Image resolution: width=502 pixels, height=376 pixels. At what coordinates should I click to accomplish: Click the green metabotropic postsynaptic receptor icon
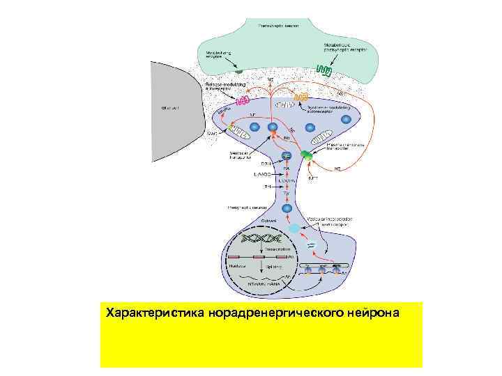pos(323,70)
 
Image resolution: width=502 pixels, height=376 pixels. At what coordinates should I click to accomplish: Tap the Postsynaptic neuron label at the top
pos(278,25)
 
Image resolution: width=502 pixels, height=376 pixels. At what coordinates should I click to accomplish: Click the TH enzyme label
pos(268,187)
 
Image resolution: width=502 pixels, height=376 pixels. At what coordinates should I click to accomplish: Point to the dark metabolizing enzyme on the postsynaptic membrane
pos(238,70)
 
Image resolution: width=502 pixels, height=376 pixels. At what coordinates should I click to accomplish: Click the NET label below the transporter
pos(314,178)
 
